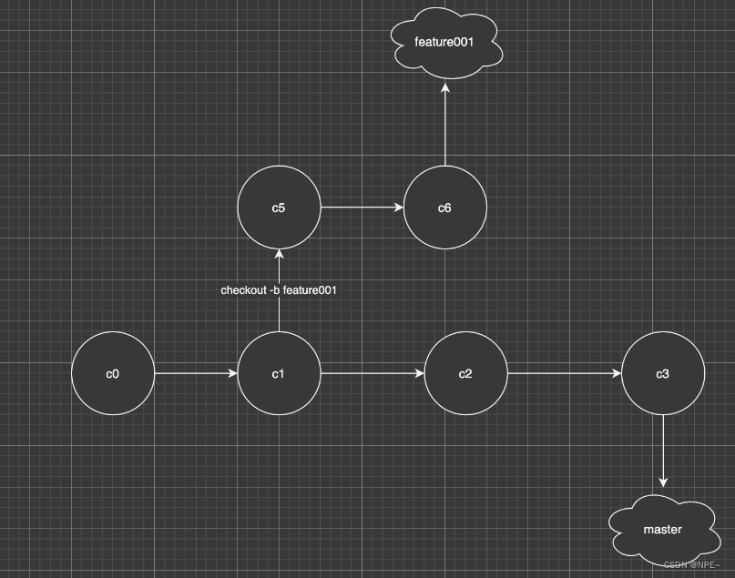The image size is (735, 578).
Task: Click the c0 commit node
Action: pos(113,373)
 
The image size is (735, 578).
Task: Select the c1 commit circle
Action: pos(279,373)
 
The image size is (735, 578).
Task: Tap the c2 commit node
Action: pos(465,373)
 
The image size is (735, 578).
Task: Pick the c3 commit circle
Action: pos(663,373)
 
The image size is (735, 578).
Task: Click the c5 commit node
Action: pos(279,208)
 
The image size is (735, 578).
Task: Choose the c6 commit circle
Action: pos(444,208)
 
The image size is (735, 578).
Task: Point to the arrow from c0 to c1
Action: pos(196,373)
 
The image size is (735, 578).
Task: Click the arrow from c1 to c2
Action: pos(372,373)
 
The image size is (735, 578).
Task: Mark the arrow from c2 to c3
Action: pos(565,373)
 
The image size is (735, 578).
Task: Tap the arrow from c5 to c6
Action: pos(362,208)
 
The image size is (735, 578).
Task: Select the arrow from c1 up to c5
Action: pos(279,314)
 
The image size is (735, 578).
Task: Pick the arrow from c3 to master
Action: pos(663,451)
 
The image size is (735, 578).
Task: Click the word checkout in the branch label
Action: pos(243,290)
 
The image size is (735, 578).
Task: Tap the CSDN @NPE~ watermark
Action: pos(693,565)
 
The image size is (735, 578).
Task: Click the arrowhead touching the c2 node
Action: pos(419,373)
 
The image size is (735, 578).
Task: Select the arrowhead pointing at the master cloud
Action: pos(663,482)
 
